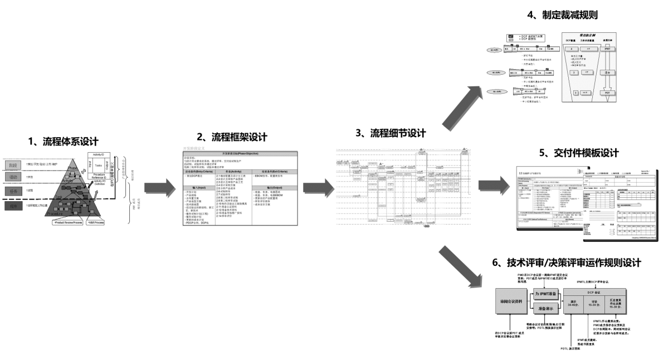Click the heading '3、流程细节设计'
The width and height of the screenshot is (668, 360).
click(x=390, y=133)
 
